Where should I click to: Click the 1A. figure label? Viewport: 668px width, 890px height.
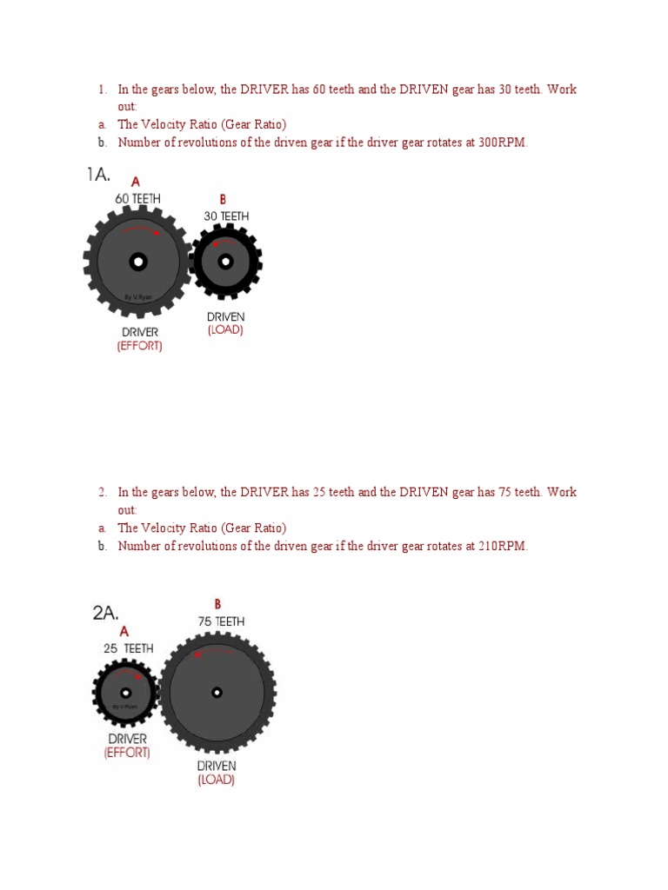(98, 176)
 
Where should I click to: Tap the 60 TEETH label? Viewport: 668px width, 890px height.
(138, 199)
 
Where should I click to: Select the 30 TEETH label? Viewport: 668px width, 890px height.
(226, 216)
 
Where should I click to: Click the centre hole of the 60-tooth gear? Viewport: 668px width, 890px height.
(137, 261)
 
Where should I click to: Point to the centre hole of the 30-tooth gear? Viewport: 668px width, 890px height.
(225, 261)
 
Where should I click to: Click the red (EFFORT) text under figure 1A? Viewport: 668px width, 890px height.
(139, 346)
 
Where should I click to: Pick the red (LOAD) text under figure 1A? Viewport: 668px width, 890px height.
(225, 330)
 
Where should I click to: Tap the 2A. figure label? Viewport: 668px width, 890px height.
(105, 613)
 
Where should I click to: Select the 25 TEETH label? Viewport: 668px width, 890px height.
(129, 648)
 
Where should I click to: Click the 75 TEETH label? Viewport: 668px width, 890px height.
(221, 621)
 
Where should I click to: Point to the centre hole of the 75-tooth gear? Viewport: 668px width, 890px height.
(217, 693)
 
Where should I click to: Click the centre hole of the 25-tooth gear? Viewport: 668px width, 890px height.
(126, 693)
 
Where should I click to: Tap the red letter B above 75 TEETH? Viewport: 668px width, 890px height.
(217, 604)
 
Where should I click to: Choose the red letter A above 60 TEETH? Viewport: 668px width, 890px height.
(136, 183)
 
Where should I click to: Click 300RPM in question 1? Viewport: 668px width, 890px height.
(503, 143)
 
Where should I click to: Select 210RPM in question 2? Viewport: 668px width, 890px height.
(503, 546)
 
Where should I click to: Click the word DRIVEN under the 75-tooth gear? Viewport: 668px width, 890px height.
(216, 766)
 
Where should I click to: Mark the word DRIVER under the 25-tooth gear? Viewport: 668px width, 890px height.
(127, 739)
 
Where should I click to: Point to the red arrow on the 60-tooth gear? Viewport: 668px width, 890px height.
(155, 233)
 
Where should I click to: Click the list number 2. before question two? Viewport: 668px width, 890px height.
(102, 492)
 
